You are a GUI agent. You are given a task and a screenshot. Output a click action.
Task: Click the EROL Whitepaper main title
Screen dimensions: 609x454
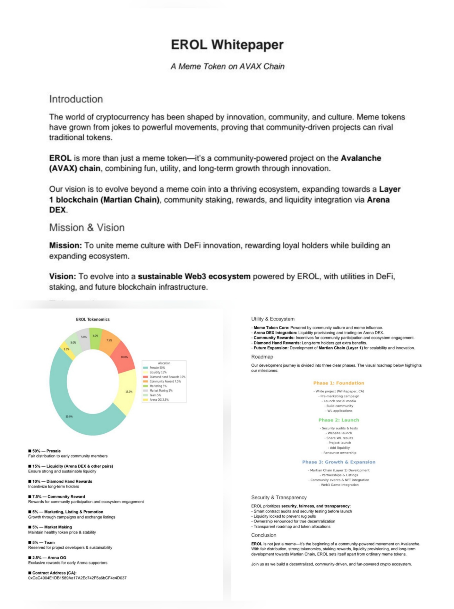227,45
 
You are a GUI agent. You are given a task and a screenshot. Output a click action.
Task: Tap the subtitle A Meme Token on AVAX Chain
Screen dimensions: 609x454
227,66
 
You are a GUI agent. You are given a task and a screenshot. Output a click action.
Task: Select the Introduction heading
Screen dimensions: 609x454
76,99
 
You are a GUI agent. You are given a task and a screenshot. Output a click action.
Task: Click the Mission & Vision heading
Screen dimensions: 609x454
87,228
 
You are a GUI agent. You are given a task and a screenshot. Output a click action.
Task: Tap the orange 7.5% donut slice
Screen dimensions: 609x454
109,341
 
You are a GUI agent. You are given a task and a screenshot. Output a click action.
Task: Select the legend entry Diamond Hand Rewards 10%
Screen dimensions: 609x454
167,377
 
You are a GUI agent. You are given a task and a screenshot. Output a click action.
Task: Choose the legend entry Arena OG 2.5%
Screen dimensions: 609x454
159,400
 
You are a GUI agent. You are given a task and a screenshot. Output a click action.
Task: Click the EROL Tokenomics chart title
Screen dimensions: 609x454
93,319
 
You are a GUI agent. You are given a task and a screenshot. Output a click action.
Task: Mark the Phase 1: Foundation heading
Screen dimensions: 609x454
338,383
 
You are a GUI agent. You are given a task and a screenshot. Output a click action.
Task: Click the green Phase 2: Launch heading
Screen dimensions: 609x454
338,420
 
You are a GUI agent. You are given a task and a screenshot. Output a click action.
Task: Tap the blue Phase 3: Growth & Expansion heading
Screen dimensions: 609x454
338,462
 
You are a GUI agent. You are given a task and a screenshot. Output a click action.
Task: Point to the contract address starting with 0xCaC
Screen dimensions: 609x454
77,578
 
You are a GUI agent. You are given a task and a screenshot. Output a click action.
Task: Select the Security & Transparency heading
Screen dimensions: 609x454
279,497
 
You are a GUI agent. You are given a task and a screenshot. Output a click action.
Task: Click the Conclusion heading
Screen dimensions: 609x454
264,535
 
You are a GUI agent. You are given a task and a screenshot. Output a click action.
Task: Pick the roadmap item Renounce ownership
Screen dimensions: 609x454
339,453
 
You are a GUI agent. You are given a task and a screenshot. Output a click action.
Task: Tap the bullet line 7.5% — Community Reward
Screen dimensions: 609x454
58,496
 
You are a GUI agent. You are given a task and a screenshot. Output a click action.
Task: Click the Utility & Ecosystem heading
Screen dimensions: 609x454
273,319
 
